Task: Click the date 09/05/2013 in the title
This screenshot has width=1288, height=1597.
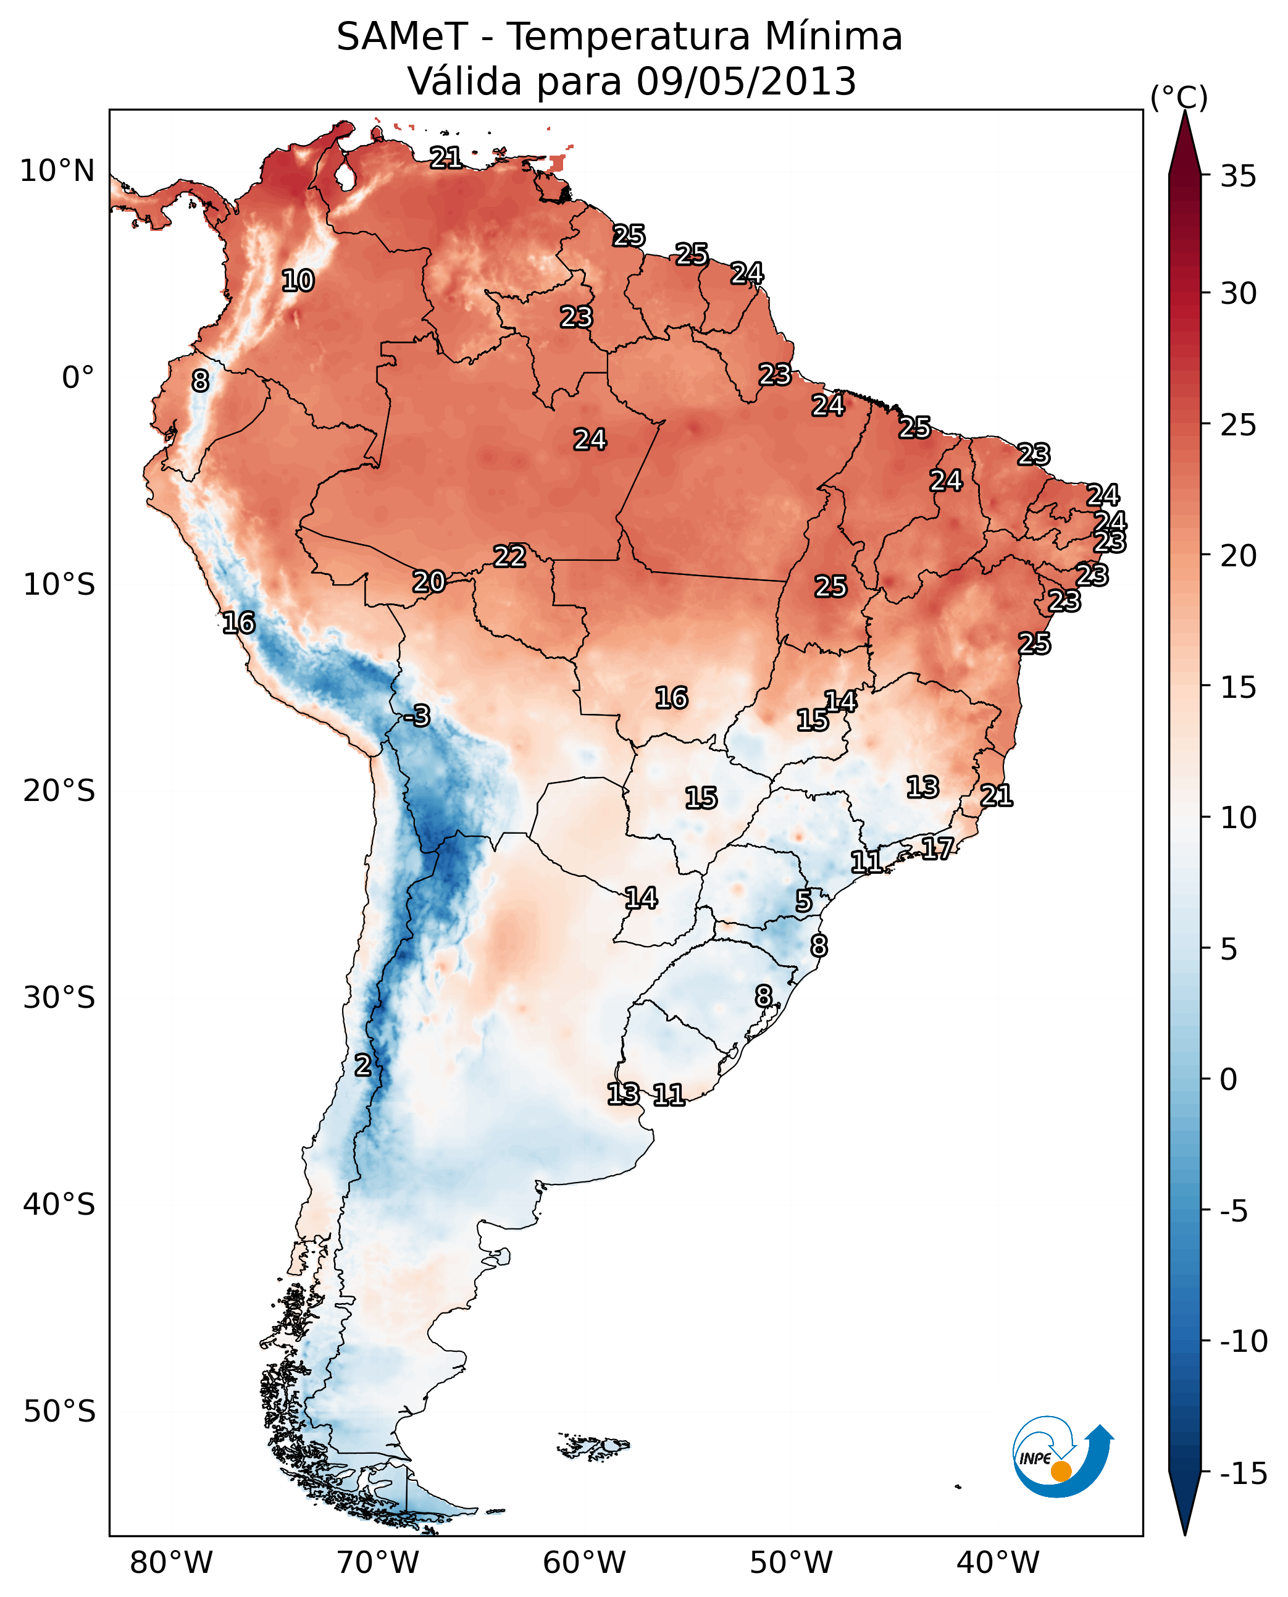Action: click(x=746, y=81)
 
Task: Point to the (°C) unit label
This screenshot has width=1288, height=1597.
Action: click(x=1178, y=97)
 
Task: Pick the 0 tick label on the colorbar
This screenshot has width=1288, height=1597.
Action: click(x=1229, y=1079)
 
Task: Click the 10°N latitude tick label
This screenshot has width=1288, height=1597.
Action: click(x=57, y=172)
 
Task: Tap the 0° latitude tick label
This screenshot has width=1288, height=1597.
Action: click(x=78, y=378)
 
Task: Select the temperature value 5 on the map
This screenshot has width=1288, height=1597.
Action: click(x=803, y=901)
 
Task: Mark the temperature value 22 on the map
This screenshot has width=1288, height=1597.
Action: click(x=510, y=556)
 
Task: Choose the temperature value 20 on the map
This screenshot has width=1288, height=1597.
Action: click(x=429, y=582)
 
